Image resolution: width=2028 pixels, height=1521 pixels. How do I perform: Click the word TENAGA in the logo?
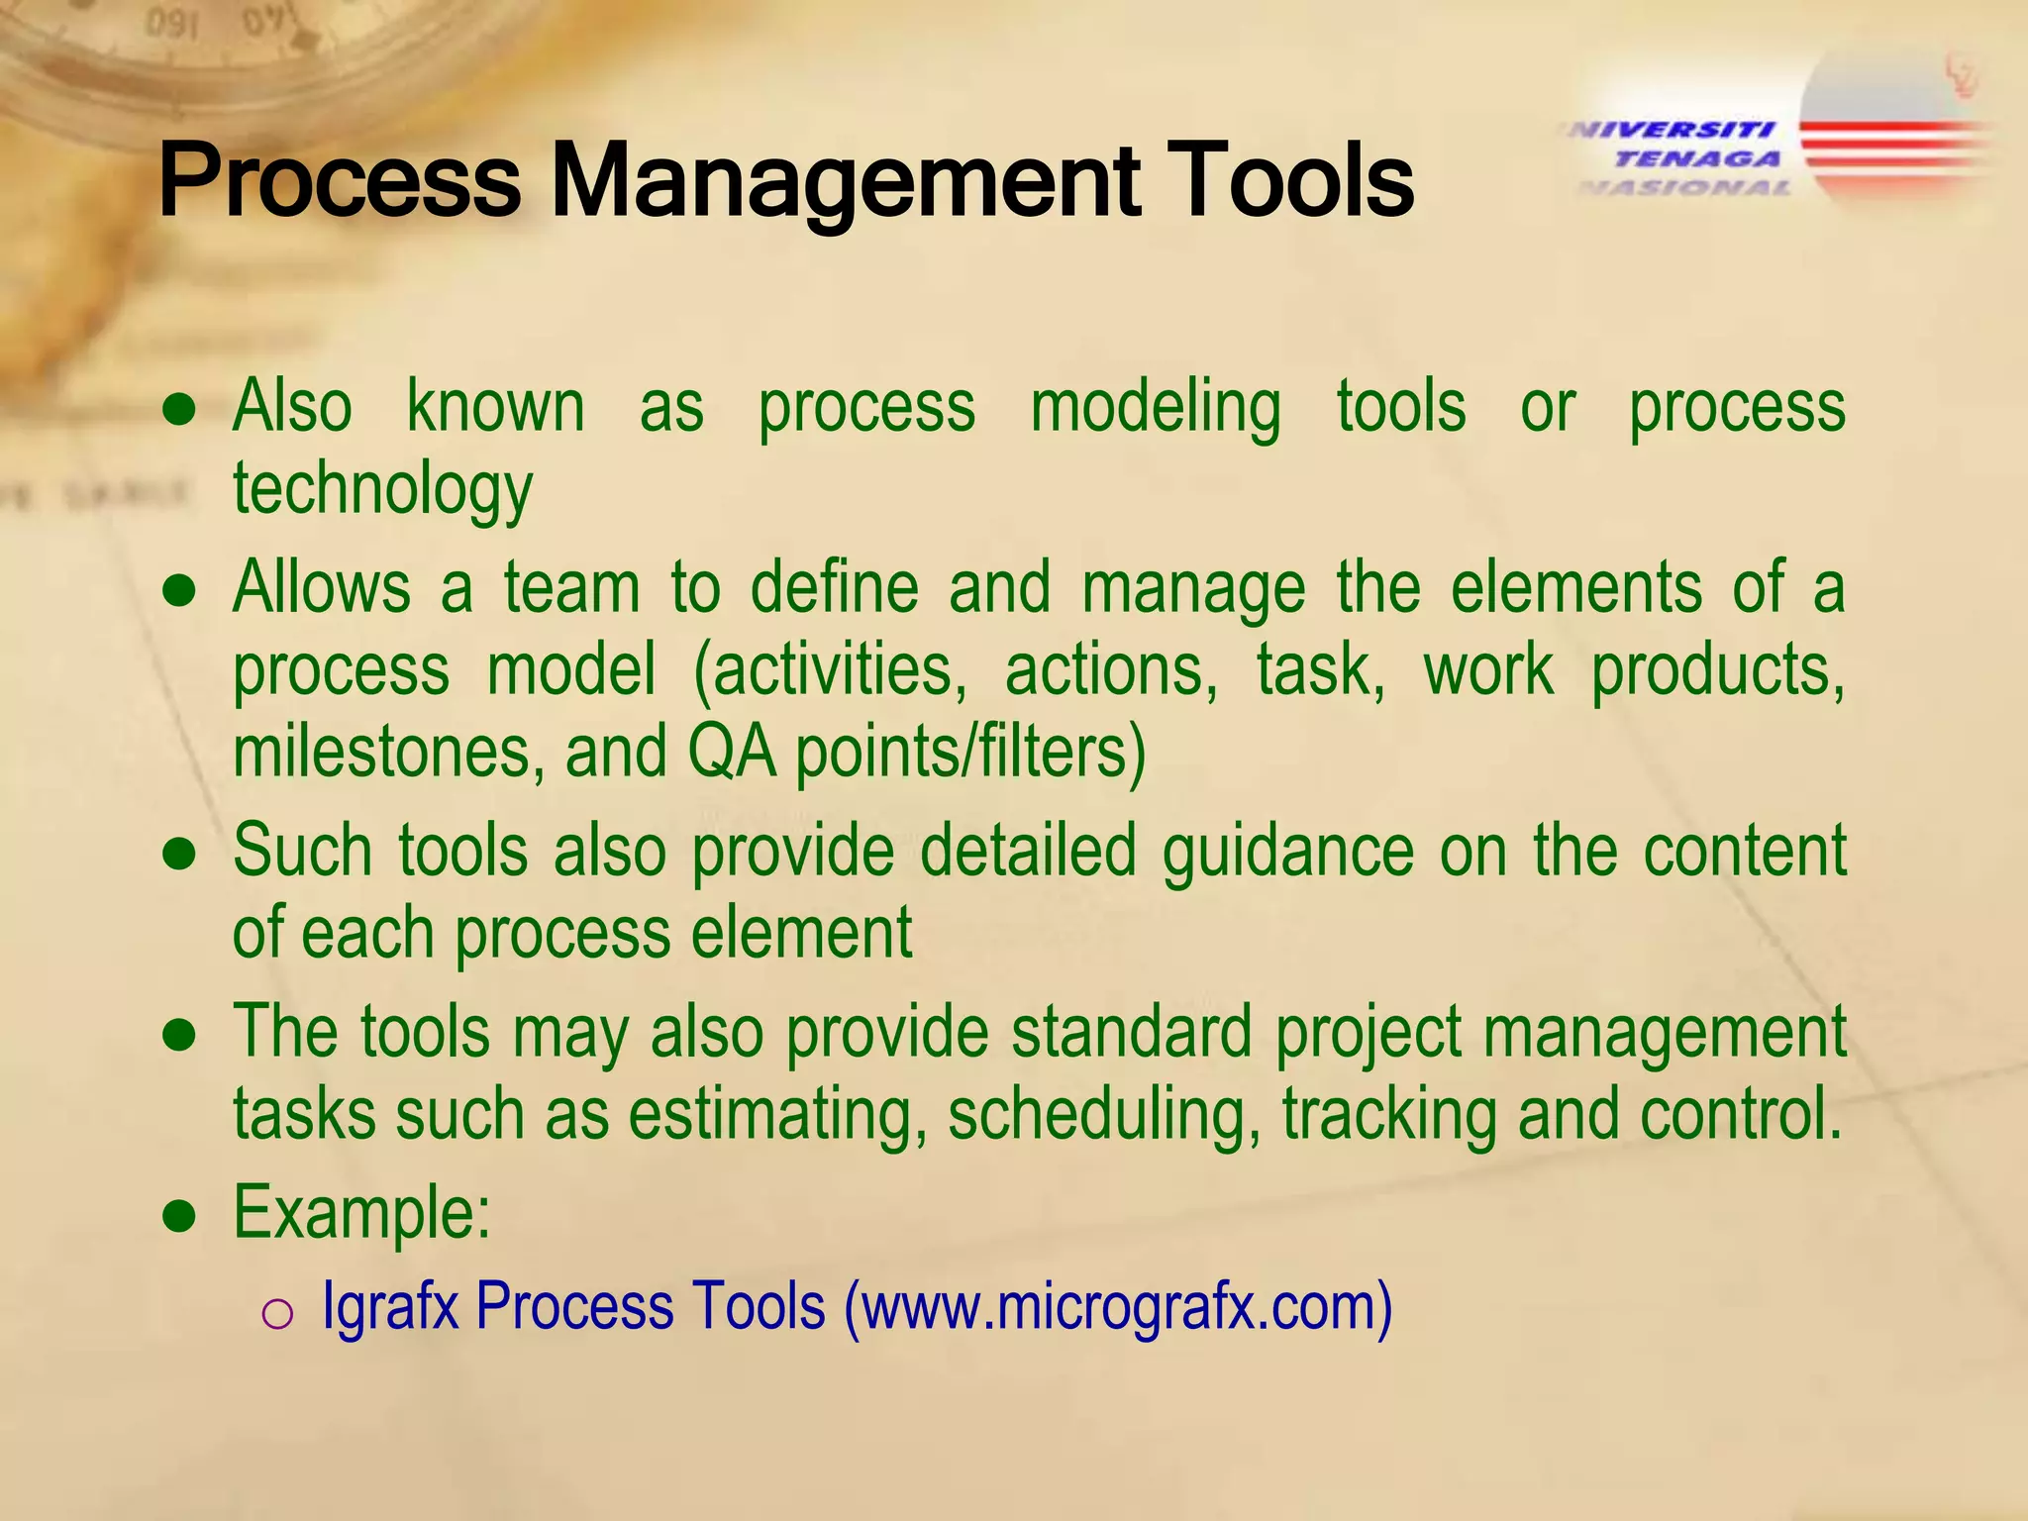(1697, 158)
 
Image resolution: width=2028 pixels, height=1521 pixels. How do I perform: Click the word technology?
(382, 490)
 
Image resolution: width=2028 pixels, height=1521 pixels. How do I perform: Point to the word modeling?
(1155, 408)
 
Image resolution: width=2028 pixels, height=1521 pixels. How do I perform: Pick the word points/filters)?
(970, 752)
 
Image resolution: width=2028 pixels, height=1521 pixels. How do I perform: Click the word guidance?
(1287, 852)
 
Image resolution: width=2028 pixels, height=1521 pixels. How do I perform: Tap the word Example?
(362, 1213)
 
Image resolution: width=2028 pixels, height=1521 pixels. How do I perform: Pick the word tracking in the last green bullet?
(1388, 1115)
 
